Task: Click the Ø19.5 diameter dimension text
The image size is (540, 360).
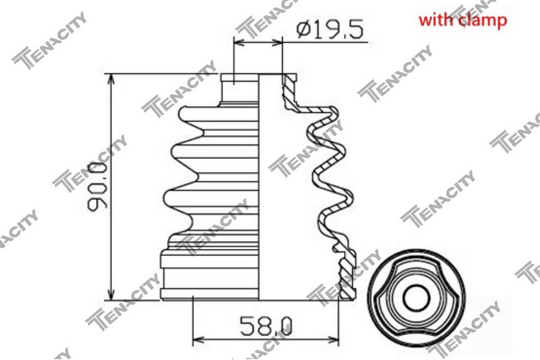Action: pyautogui.click(x=329, y=30)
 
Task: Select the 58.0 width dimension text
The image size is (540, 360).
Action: pyautogui.click(x=266, y=326)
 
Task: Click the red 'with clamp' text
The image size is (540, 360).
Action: pyautogui.click(x=462, y=20)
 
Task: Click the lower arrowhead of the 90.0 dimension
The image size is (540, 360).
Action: pyautogui.click(x=111, y=294)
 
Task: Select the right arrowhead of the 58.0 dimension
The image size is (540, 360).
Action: pyautogui.click(x=332, y=339)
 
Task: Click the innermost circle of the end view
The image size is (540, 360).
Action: pyautogui.click(x=416, y=298)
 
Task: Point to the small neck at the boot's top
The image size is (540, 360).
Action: pyautogui.click(x=240, y=88)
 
